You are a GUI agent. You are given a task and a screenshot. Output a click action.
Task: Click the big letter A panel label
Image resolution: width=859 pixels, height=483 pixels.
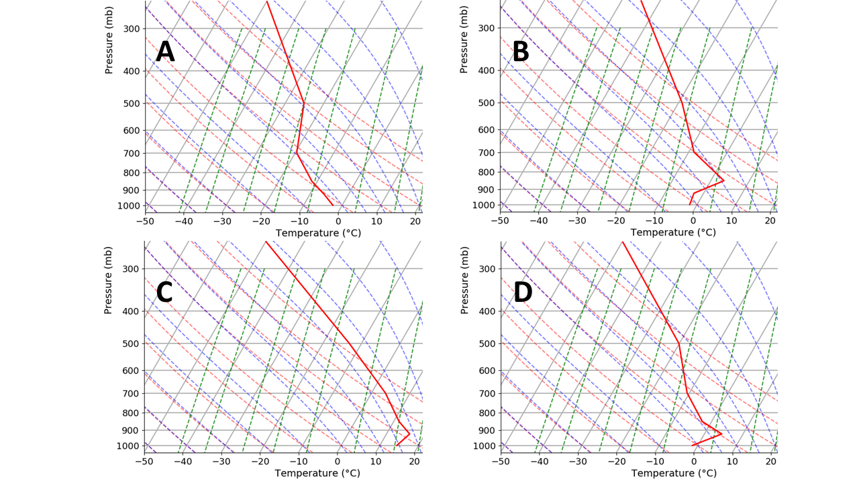point(165,52)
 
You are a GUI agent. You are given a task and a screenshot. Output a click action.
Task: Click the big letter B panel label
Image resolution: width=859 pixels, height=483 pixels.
point(520,52)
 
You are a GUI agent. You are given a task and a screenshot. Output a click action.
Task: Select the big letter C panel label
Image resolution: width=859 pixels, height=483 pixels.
point(164,292)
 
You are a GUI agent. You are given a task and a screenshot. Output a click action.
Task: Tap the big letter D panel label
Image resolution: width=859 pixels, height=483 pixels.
point(523,292)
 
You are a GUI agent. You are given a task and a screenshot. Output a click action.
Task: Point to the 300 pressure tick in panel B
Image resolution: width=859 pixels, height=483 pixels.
point(487,28)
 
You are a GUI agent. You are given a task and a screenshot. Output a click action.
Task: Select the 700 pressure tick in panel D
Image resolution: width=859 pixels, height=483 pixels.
point(487,393)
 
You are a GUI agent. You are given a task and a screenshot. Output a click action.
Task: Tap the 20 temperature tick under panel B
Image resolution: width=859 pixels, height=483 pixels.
point(770,221)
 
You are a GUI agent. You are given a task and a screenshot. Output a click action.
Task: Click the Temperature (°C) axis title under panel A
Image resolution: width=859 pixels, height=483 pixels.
point(317,233)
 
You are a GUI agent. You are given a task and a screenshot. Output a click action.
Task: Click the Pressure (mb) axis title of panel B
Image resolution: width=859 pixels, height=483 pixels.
point(464,40)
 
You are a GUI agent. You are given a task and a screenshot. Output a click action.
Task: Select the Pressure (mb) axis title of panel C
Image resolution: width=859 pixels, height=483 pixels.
point(109,280)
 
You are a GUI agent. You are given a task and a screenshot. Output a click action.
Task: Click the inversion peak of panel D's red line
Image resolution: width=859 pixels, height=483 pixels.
point(721,434)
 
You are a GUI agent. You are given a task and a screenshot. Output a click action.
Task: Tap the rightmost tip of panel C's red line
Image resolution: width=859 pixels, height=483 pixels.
point(409,434)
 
